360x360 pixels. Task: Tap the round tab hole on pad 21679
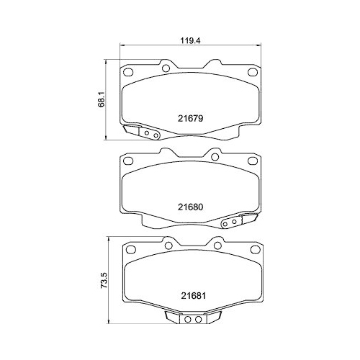point(166,68)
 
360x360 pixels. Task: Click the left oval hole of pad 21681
point(130,249)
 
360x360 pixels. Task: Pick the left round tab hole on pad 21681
point(166,243)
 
